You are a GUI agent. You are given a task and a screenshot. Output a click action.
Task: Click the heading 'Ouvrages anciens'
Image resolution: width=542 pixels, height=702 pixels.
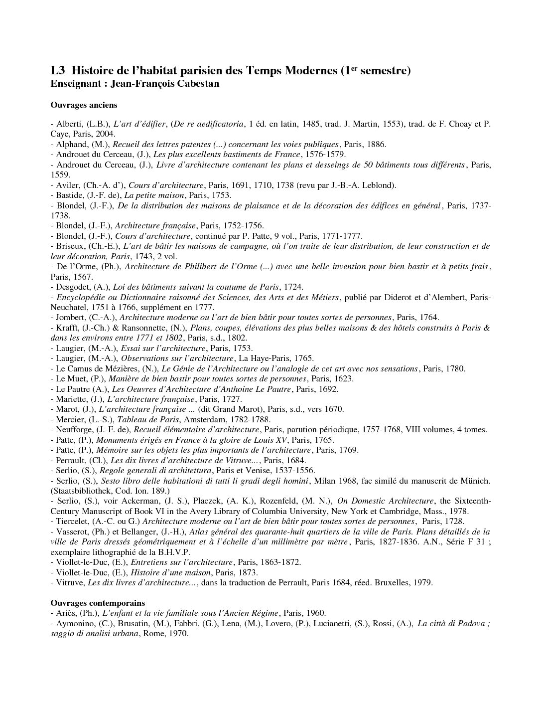click(x=84, y=105)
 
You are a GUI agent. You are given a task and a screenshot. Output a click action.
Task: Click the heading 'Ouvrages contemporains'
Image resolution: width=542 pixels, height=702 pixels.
click(x=98, y=603)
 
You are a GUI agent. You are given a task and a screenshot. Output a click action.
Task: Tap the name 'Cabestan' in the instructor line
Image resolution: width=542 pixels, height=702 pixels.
click(x=199, y=84)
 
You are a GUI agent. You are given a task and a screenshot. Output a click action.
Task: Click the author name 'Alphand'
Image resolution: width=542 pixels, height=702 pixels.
click(x=73, y=145)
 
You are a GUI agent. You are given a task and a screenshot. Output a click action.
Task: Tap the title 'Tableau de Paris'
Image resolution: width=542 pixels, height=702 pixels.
click(x=144, y=419)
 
